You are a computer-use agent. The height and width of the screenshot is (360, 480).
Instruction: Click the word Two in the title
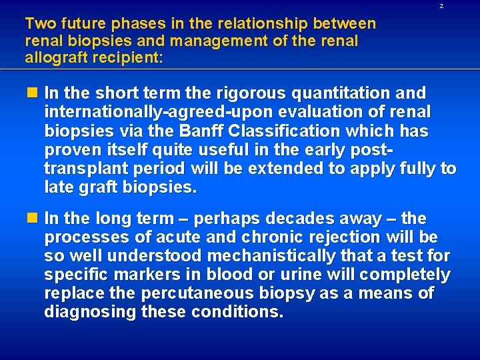click(39, 24)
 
